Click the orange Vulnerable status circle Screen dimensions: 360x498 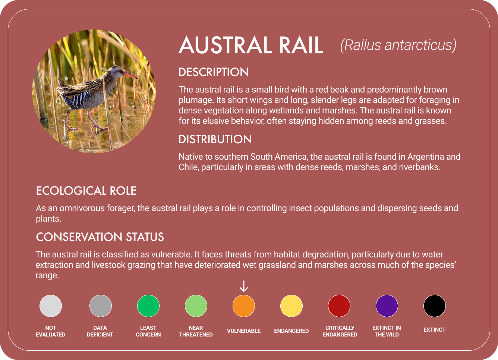pos(244,306)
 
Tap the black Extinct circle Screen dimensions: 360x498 pos(435,306)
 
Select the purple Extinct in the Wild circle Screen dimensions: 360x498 pos(387,306)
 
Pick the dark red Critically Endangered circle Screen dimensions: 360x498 pos(339,306)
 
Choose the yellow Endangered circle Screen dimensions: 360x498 pos(291,306)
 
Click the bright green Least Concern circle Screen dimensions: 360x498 pos(148,306)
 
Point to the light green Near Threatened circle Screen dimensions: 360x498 pos(196,306)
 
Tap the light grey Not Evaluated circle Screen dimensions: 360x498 pos(51,306)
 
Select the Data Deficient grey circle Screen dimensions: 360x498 pos(101,306)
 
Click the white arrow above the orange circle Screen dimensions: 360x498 pos(244,287)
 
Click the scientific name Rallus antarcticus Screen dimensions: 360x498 pos(398,45)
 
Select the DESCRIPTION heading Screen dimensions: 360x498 pos(214,72)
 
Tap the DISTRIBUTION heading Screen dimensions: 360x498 pos(215,139)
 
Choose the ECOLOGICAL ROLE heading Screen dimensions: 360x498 pos(86,191)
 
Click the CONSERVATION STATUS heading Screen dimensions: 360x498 pos(100,237)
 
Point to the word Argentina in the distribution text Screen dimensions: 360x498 pos(426,157)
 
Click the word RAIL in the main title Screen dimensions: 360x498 pos(300,46)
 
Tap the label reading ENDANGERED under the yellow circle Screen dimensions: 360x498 pos(291,331)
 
